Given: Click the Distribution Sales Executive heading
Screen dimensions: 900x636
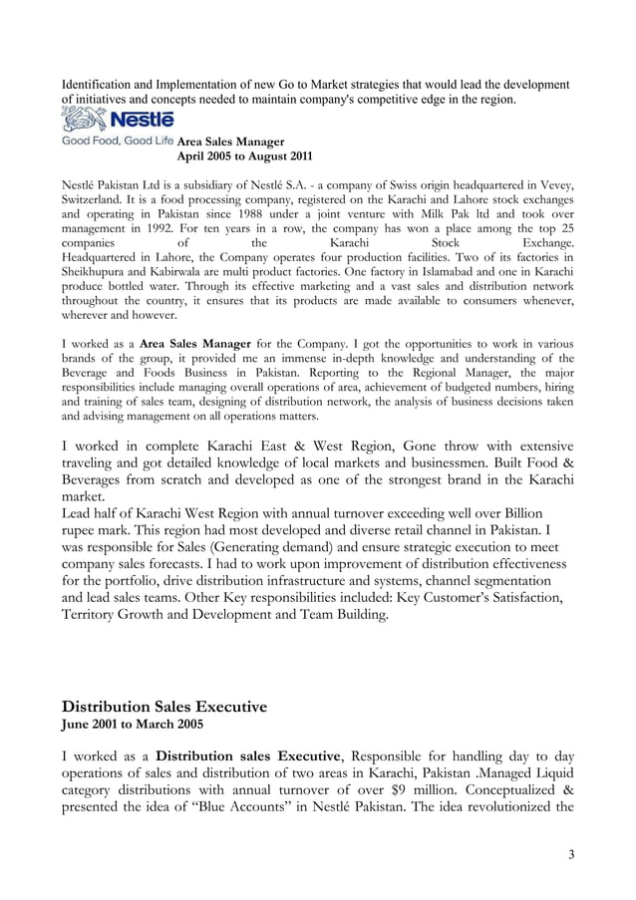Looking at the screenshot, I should pyautogui.click(x=164, y=707).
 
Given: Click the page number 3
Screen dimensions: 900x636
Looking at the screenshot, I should pyautogui.click(x=571, y=853).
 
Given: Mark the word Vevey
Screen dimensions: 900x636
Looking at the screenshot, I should pyautogui.click(x=553, y=184).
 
